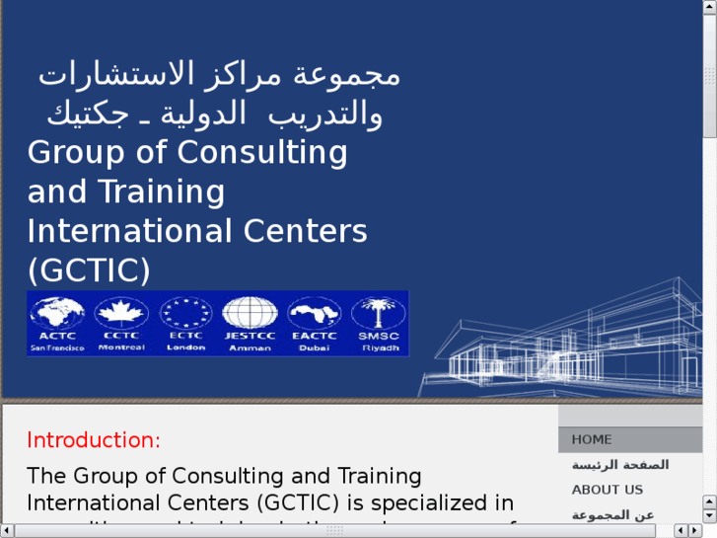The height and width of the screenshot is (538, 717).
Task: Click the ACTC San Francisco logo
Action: [58, 323]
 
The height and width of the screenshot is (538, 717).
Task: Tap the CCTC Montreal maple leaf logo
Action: [122, 323]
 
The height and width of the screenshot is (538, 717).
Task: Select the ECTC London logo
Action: [185, 323]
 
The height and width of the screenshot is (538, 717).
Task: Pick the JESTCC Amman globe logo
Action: [249, 323]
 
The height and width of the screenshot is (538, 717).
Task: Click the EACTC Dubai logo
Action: [315, 323]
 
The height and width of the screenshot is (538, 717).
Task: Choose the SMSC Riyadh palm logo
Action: [379, 323]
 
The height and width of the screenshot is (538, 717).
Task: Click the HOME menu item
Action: [592, 439]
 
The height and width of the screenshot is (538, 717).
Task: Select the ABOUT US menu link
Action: [607, 490]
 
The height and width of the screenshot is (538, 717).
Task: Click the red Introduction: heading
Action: [94, 440]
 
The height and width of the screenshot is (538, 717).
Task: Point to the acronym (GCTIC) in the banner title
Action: [89, 269]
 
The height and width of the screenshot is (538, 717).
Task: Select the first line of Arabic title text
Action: [219, 75]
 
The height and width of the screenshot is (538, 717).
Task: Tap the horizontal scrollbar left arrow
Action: [7, 531]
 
